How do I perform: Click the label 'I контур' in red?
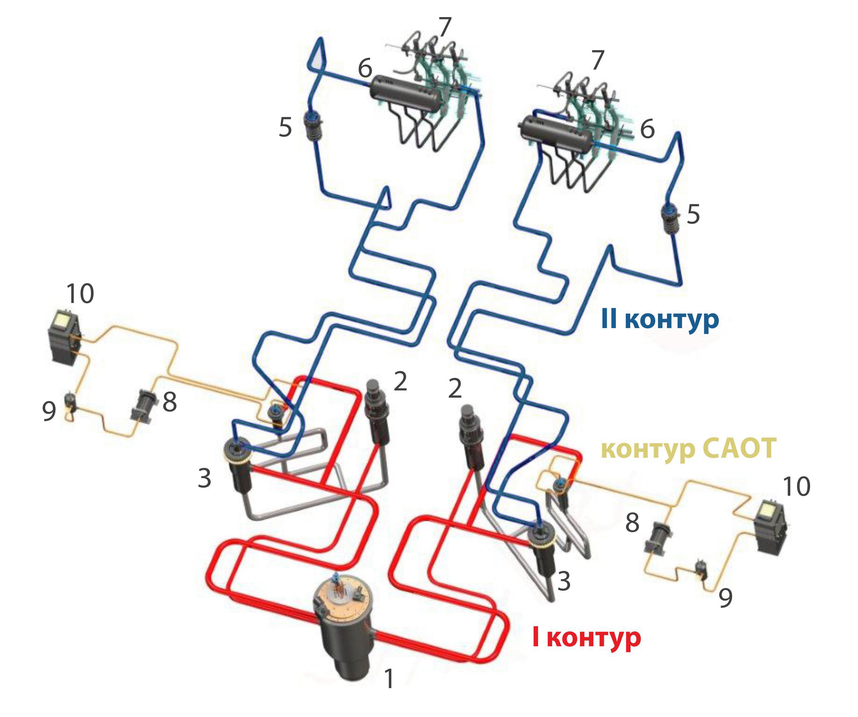pyautogui.click(x=586, y=638)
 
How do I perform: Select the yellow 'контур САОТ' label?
pyautogui.click(x=688, y=448)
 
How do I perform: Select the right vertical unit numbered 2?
pyautogui.click(x=471, y=437)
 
